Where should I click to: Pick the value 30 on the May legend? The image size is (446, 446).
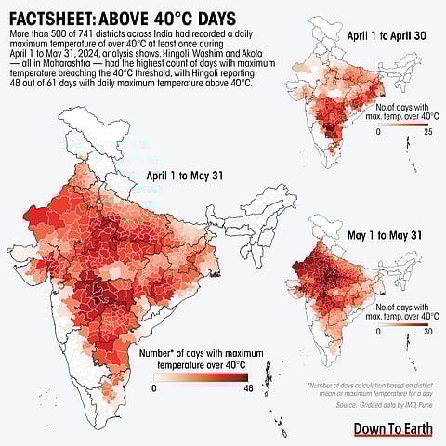(x=428, y=331)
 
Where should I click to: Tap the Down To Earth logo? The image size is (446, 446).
(x=392, y=428)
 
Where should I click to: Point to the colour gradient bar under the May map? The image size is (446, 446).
(x=402, y=320)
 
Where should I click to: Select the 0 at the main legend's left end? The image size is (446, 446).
(x=154, y=390)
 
